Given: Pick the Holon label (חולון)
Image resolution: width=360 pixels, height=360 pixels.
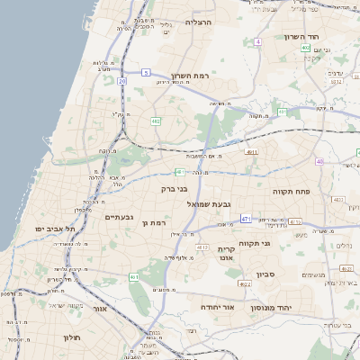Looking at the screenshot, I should [72, 337].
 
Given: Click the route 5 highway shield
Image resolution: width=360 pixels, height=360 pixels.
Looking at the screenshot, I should [145, 71].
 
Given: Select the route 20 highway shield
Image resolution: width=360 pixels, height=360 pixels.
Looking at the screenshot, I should [122, 81].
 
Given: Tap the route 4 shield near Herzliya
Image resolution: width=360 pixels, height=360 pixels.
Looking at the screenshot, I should [257, 41].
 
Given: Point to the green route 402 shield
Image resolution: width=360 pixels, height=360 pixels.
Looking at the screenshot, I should [306, 48].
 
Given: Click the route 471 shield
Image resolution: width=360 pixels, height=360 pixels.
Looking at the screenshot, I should [246, 218].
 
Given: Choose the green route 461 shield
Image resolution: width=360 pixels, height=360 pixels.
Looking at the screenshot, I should [134, 276].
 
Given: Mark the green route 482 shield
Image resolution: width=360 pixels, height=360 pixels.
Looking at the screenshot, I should [156, 120].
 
